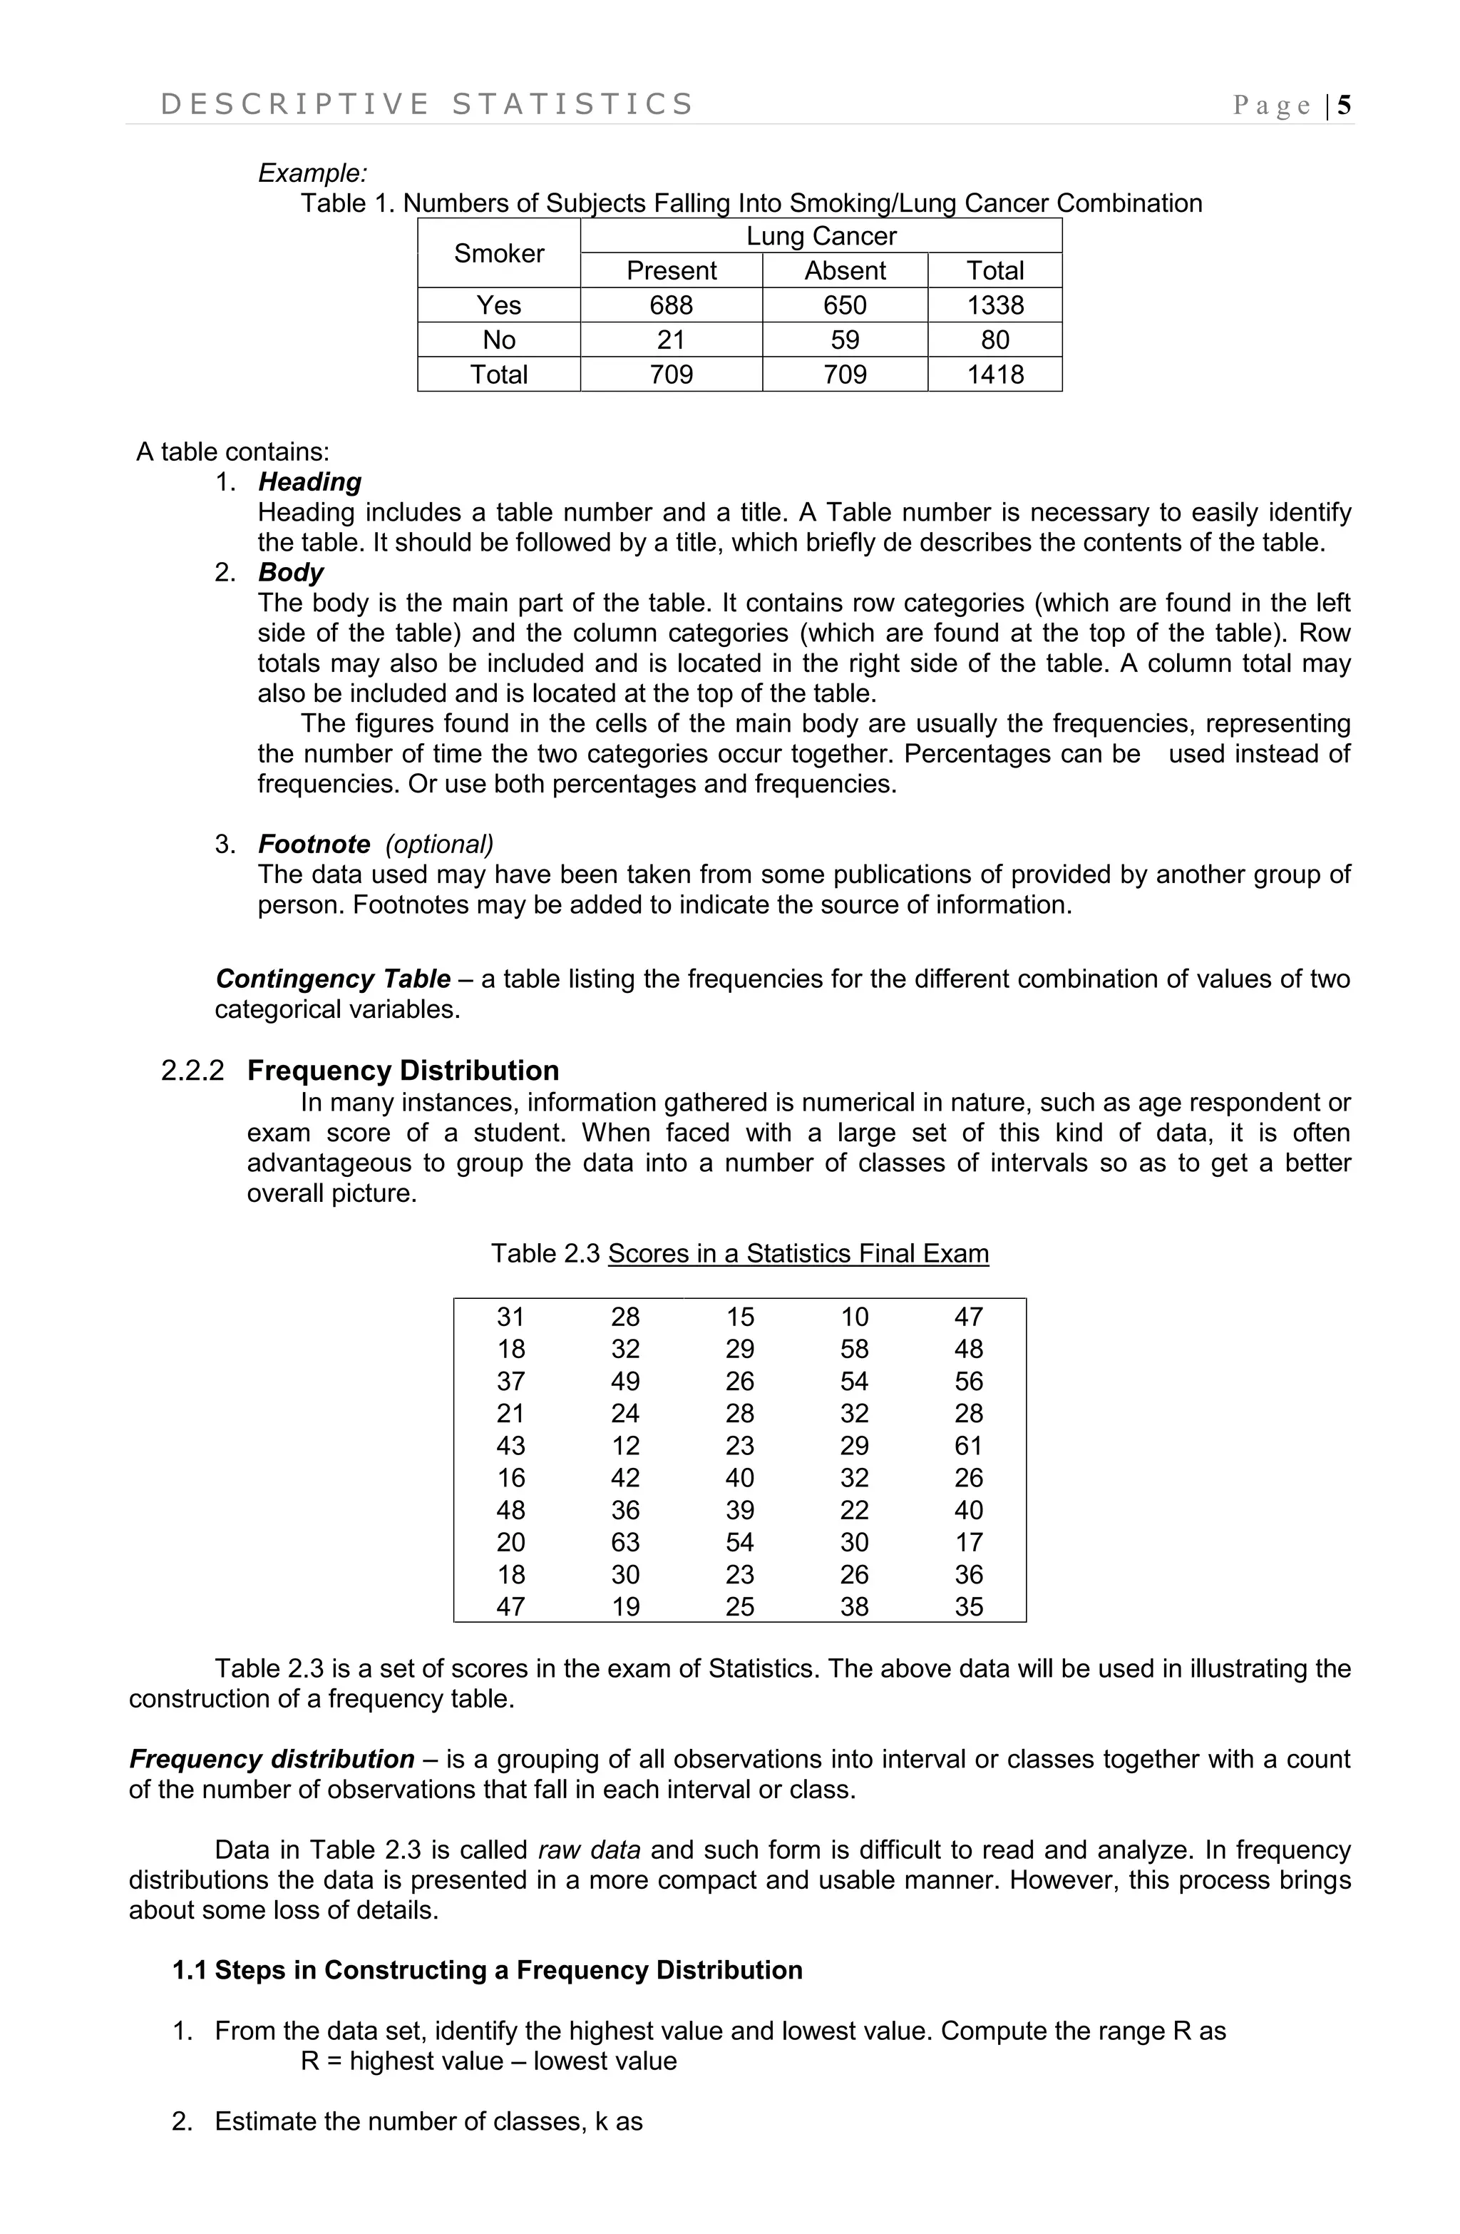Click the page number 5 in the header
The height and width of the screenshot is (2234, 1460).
tap(1344, 105)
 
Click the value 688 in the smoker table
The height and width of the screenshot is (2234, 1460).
tap(671, 305)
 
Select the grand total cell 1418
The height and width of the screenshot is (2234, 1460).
tap(994, 374)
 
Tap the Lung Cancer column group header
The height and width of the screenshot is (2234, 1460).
tap(821, 237)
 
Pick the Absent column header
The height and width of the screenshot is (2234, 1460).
tap(845, 270)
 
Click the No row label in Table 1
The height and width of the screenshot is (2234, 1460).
tap(498, 340)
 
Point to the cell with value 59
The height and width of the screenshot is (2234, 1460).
tap(845, 340)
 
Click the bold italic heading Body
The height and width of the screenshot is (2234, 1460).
tap(291, 573)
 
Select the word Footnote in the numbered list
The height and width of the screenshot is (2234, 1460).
tap(314, 844)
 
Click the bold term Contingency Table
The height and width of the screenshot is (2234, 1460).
tap(333, 979)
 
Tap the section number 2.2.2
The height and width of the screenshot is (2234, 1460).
tap(192, 1071)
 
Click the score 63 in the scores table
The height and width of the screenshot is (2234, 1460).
tap(625, 1542)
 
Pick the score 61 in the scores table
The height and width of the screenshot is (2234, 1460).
tap(968, 1446)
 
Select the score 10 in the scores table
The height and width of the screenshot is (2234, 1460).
tap(854, 1317)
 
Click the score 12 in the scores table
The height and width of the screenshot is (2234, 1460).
tap(625, 1446)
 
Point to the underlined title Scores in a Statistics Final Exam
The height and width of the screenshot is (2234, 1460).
tap(798, 1254)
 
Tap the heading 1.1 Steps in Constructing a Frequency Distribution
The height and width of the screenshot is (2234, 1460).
tap(487, 1970)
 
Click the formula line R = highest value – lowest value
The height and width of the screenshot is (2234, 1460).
tap(488, 2061)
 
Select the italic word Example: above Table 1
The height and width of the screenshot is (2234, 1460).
tap(312, 173)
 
